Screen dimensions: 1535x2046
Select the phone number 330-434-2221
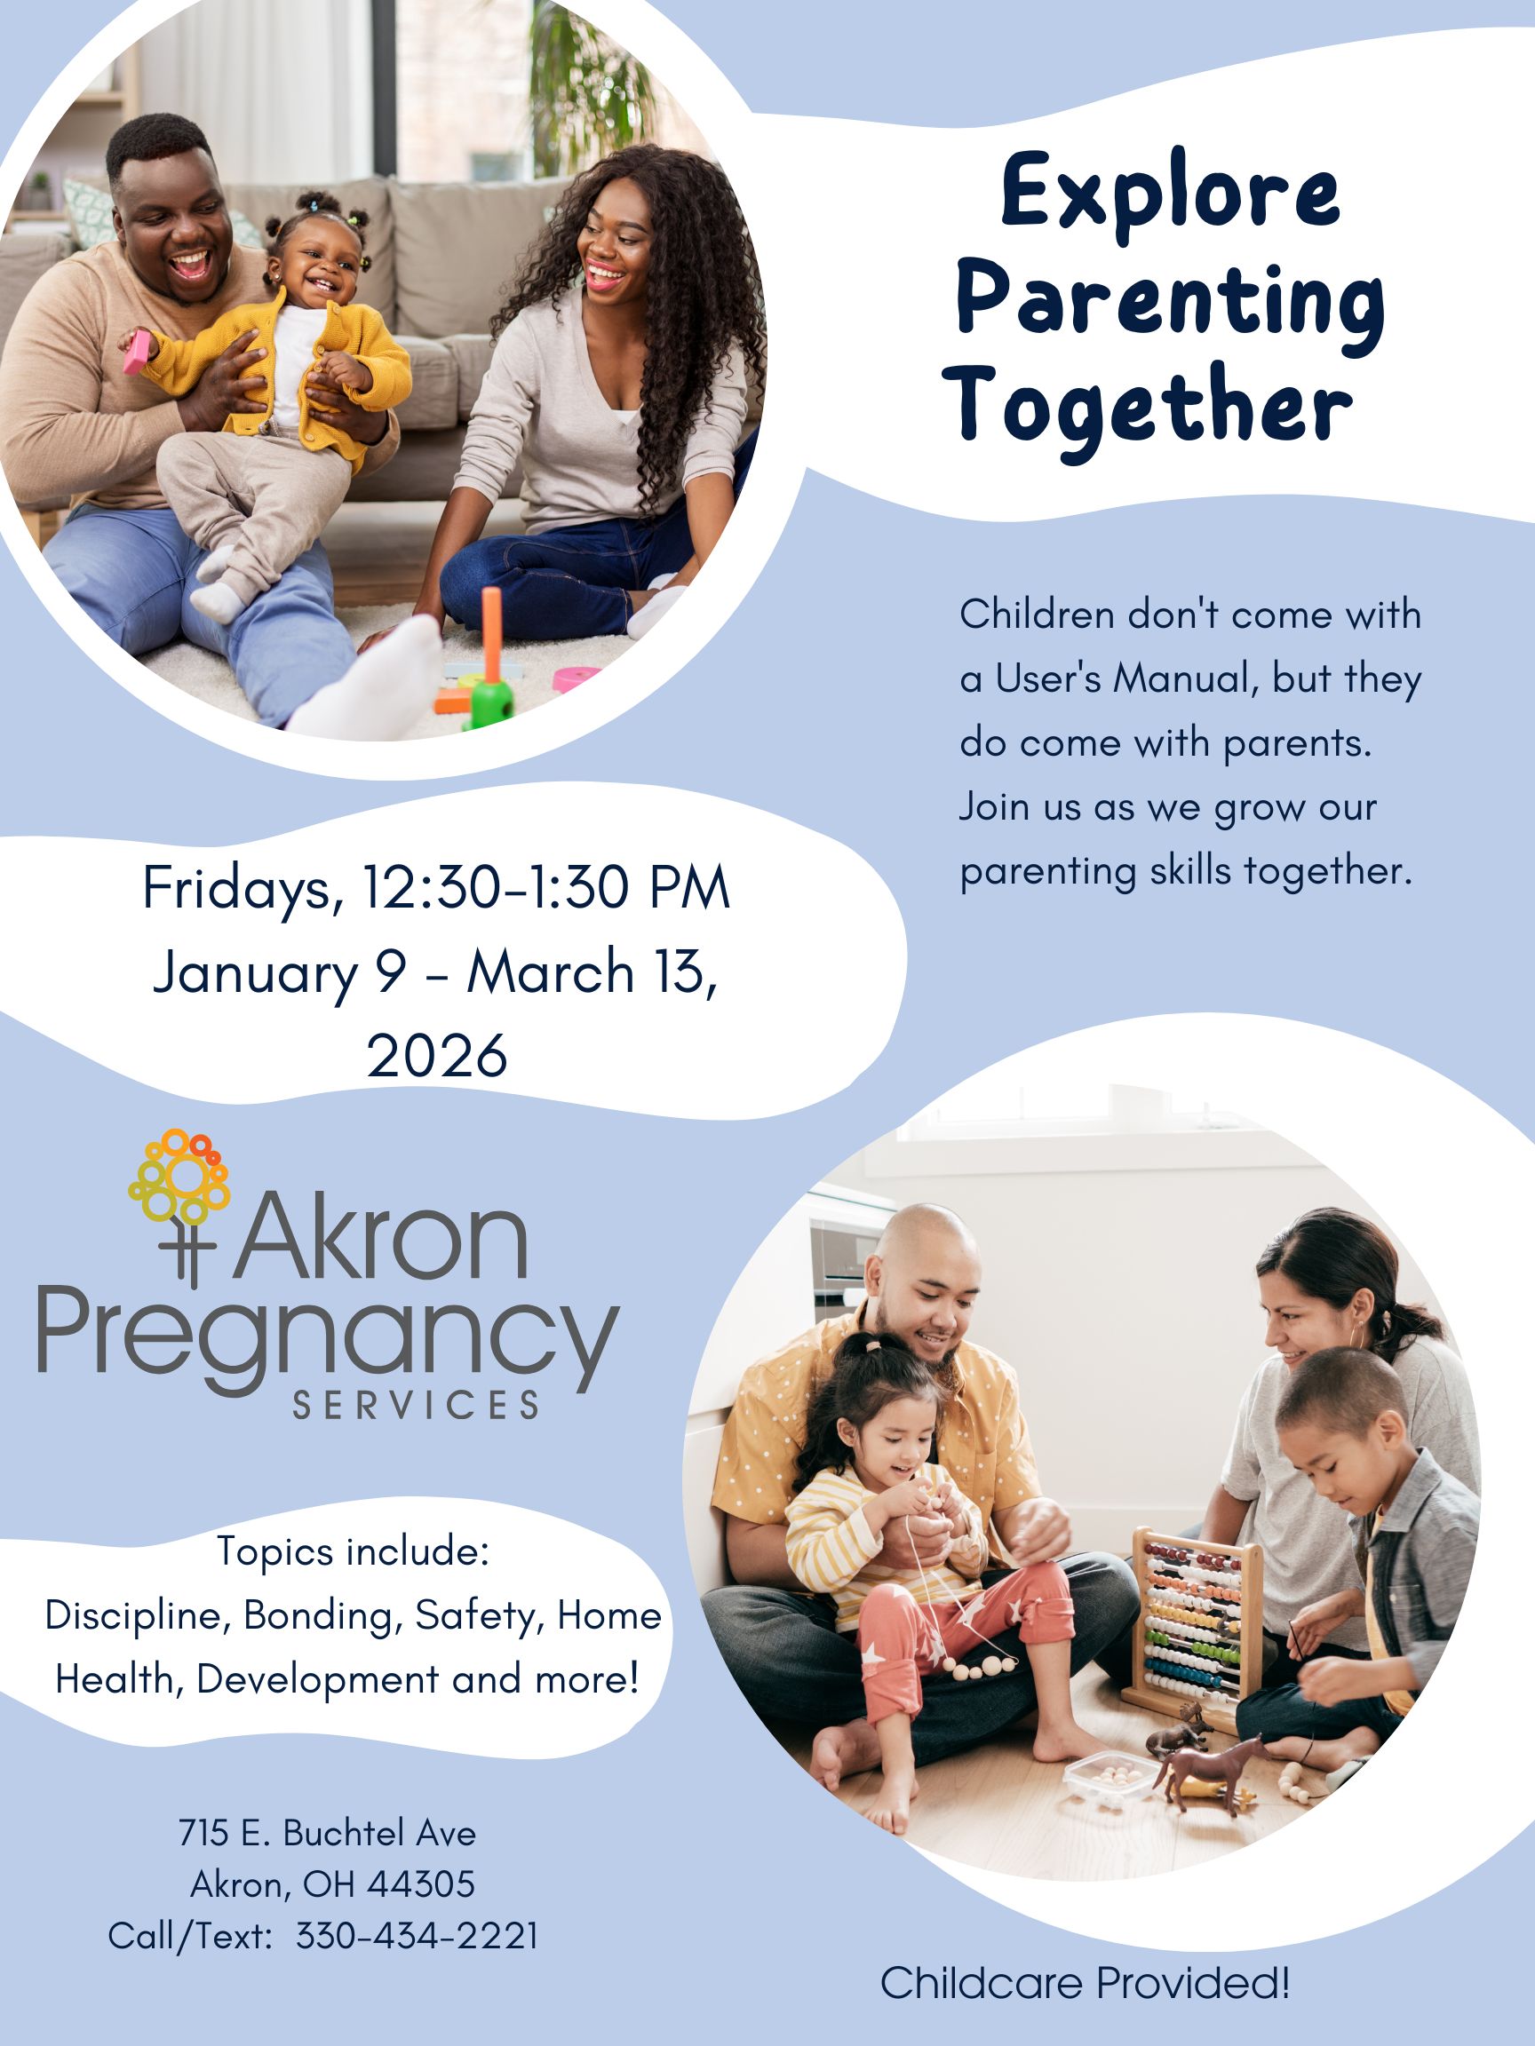point(418,1936)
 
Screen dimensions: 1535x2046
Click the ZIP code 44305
point(421,1884)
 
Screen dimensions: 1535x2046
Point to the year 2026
point(437,1055)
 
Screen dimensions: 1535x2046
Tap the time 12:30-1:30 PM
point(546,888)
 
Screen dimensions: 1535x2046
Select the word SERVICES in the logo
point(417,1405)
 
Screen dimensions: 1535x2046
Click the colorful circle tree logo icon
point(180,1177)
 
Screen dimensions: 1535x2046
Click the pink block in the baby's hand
point(136,353)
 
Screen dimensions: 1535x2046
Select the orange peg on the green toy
point(492,633)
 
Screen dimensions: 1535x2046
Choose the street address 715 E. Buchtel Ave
point(328,1832)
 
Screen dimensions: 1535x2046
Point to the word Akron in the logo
point(379,1236)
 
